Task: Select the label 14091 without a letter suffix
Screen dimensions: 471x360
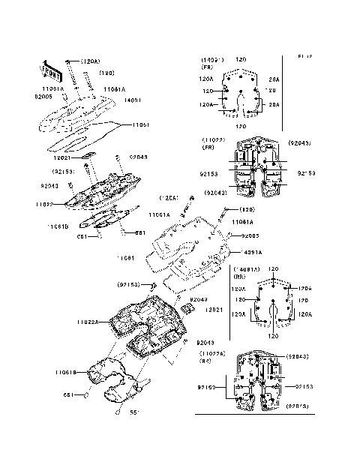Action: point(132,98)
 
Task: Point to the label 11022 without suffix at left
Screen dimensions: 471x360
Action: point(45,203)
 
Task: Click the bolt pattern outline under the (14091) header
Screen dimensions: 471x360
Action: point(241,94)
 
